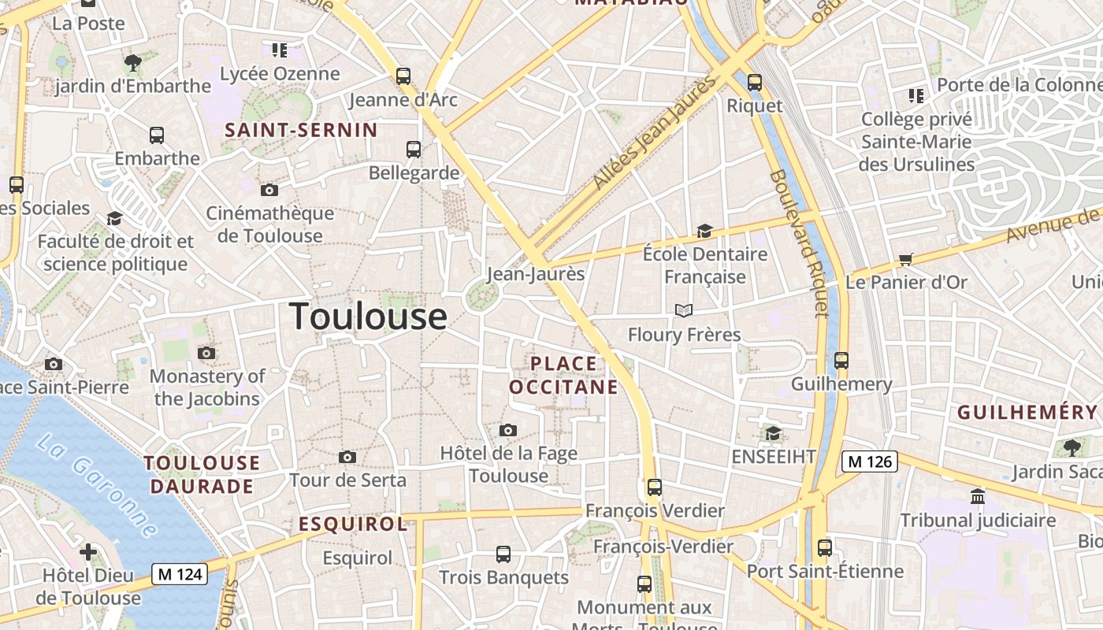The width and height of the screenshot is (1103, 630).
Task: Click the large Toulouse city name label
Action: click(x=369, y=317)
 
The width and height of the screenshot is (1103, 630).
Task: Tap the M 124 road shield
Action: click(x=180, y=574)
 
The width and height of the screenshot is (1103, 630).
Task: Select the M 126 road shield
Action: click(x=870, y=461)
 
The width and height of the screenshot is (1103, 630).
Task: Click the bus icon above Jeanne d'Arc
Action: click(x=403, y=76)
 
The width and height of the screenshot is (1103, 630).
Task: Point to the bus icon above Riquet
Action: click(x=755, y=82)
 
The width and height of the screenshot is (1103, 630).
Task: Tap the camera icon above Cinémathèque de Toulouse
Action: click(x=269, y=190)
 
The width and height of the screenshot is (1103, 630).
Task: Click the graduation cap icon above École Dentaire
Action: click(x=704, y=231)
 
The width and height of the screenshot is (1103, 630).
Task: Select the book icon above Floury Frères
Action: click(x=684, y=310)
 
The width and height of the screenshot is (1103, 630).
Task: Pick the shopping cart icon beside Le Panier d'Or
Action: click(x=906, y=259)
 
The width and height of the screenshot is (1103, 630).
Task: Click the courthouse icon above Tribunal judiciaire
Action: click(x=978, y=496)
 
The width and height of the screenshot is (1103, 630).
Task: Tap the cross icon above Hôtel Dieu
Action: click(x=88, y=551)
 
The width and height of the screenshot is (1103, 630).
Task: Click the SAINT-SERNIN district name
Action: click(x=302, y=130)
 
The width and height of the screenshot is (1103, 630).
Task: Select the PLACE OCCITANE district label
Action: click(x=563, y=375)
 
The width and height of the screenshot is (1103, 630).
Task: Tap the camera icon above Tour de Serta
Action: click(x=347, y=457)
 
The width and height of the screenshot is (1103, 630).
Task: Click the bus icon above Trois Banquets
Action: click(x=503, y=554)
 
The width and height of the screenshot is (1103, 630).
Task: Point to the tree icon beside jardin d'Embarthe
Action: click(x=133, y=62)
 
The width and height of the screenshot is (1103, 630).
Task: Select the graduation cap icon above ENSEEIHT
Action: click(x=773, y=433)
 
